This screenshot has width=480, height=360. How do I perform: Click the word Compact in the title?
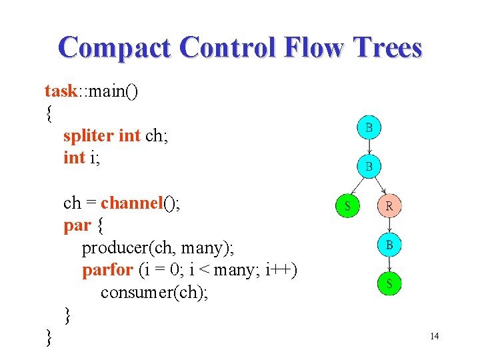(114, 48)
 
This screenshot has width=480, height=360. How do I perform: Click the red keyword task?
(61, 90)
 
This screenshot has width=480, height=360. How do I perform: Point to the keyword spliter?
(89, 135)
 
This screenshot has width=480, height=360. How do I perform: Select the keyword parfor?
(107, 271)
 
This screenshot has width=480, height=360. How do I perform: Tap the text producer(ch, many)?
(157, 248)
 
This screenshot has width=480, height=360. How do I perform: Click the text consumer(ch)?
(154, 293)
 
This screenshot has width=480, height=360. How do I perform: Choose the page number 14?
(434, 336)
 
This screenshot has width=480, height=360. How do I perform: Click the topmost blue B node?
(370, 127)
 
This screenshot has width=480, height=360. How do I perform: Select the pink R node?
(389, 206)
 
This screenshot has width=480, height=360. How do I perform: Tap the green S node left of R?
(347, 206)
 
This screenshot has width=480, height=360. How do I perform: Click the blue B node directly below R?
(389, 245)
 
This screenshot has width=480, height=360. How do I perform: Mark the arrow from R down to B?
(389, 225)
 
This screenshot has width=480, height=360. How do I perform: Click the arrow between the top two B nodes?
(370, 147)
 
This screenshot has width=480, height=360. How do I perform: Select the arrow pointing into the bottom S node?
(389, 265)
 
